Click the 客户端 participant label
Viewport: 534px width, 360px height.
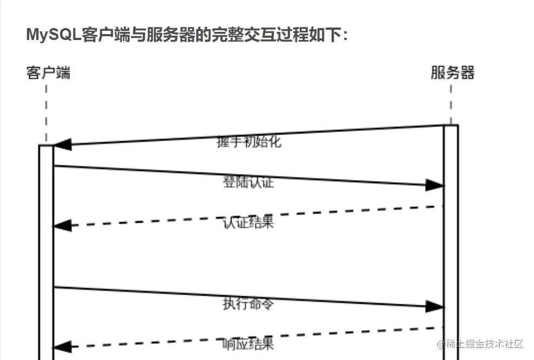pyautogui.click(x=48, y=72)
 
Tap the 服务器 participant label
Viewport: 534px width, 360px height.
pyautogui.click(x=452, y=72)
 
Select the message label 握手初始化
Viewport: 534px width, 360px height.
pyautogui.click(x=249, y=142)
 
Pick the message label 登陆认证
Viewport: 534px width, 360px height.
pyautogui.click(x=248, y=182)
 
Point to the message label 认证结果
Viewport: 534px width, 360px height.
pyautogui.click(x=248, y=222)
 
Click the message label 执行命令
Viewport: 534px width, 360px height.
pyautogui.click(x=248, y=304)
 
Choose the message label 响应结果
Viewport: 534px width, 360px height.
pyautogui.click(x=248, y=343)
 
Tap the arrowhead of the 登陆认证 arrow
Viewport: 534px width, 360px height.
pyautogui.click(x=434, y=185)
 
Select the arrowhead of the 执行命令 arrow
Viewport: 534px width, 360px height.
pyautogui.click(x=434, y=306)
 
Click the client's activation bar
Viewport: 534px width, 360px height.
pyautogui.click(x=46, y=254)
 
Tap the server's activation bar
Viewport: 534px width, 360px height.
pyautogui.click(x=451, y=243)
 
